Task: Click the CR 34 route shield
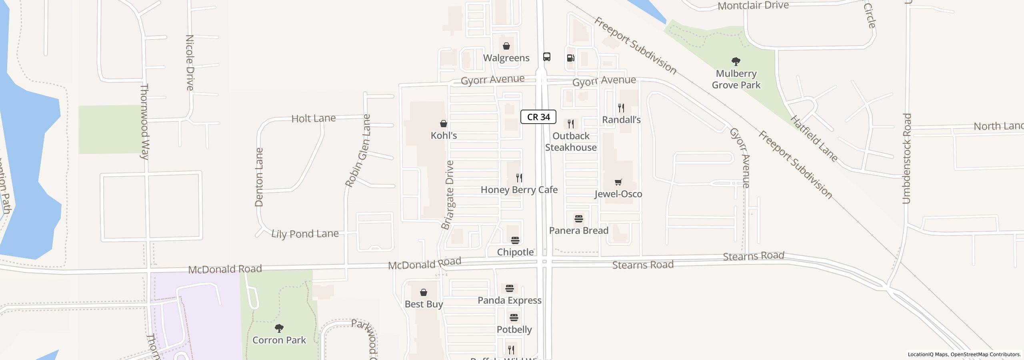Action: pyautogui.click(x=538, y=117)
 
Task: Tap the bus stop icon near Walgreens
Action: pyautogui.click(x=547, y=57)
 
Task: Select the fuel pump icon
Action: pyautogui.click(x=570, y=58)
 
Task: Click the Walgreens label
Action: pyautogui.click(x=506, y=58)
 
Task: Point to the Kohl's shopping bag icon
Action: pyautogui.click(x=444, y=124)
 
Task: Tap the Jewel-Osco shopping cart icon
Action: pyautogui.click(x=618, y=182)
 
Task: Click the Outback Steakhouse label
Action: pyautogui.click(x=571, y=142)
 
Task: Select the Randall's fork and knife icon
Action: pyautogui.click(x=621, y=108)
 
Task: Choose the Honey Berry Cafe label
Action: pyautogui.click(x=519, y=190)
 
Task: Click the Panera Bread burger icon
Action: pyautogui.click(x=578, y=219)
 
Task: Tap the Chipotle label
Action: pyautogui.click(x=515, y=252)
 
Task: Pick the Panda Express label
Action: pyautogui.click(x=509, y=300)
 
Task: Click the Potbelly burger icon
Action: pyautogui.click(x=514, y=318)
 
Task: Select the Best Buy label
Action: pyautogui.click(x=424, y=304)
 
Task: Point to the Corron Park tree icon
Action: pyautogui.click(x=279, y=328)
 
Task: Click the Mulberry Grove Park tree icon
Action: pyautogui.click(x=736, y=62)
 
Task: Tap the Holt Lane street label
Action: pyautogui.click(x=313, y=118)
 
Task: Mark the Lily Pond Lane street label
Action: pyautogui.click(x=305, y=234)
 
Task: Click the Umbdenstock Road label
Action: pyautogui.click(x=906, y=158)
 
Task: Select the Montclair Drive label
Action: pyautogui.click(x=753, y=6)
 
